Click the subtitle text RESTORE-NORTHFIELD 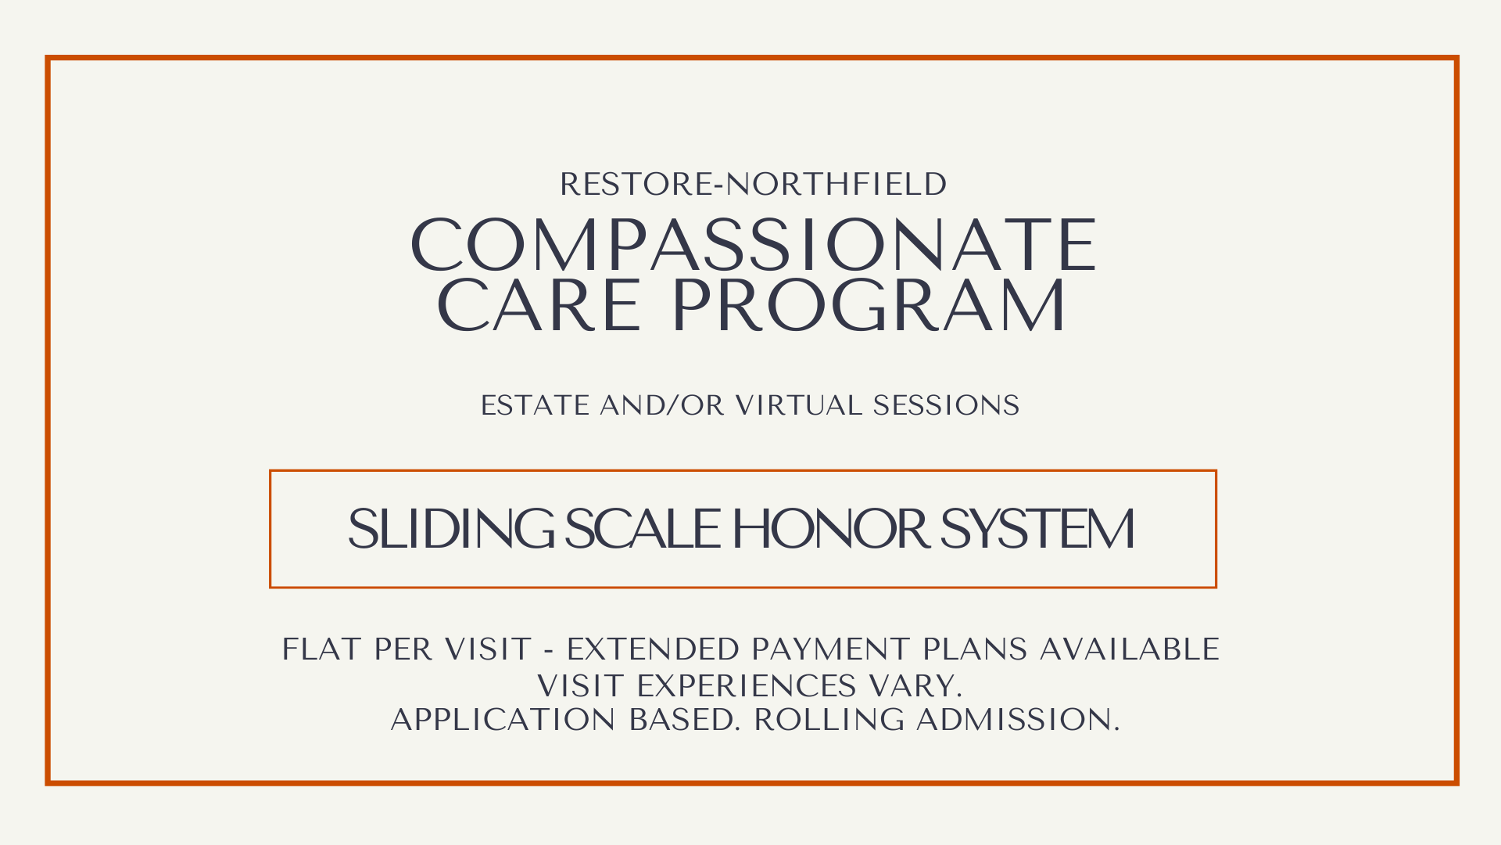(753, 185)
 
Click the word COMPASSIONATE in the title (754, 246)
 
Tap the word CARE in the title (539, 305)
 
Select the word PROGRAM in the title (869, 305)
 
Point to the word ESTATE (535, 406)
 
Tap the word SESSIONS (946, 406)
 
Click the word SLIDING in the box (451, 529)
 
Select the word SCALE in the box (642, 529)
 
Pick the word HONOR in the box (830, 529)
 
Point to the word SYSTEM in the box (1037, 529)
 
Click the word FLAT (321, 649)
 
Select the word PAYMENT (830, 649)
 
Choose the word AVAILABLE (1130, 649)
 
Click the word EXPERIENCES (747, 686)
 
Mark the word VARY (915, 686)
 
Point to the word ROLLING (829, 720)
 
